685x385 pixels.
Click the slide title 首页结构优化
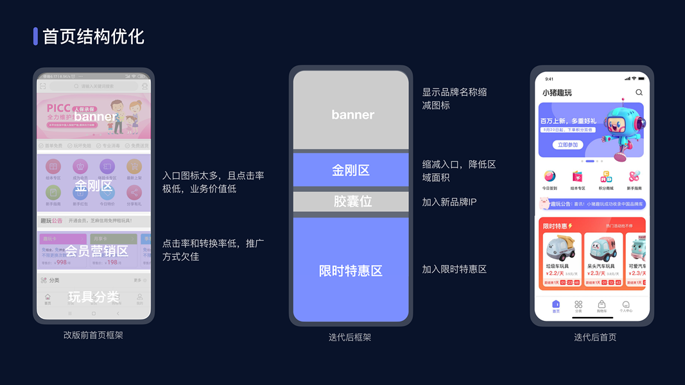(93, 37)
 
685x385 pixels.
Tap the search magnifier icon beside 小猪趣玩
(639, 92)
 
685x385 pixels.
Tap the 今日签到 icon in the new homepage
(550, 176)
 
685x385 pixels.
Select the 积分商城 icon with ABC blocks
(606, 176)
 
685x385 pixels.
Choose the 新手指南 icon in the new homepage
(634, 176)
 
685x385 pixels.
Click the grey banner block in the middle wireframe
(351, 110)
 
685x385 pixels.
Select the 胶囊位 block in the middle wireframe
(351, 201)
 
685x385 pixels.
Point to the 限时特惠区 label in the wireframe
(351, 271)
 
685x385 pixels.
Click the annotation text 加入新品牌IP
(449, 202)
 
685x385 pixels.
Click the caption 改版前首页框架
(93, 334)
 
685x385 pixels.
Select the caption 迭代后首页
(594, 337)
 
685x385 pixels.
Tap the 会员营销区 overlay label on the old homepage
(96, 250)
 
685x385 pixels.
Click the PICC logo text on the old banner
(58, 108)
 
